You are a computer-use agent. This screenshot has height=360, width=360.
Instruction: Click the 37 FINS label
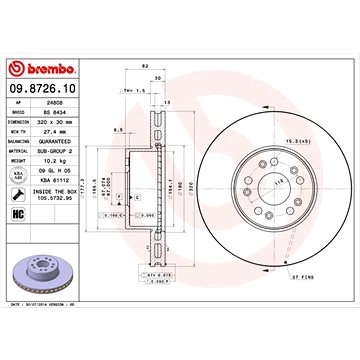(x=299, y=274)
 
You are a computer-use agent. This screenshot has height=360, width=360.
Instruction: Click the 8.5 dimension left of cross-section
(x=117, y=129)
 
